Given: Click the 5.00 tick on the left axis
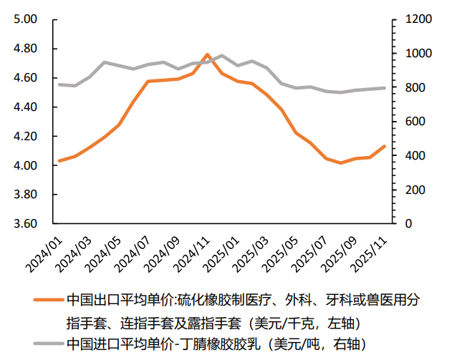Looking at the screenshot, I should coord(25,19).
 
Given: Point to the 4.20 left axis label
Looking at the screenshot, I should coord(25,136).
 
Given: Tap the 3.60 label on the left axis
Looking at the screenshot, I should coord(25,223).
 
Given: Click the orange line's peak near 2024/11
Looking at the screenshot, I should coord(207,54).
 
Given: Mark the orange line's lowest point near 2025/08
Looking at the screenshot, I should coord(341,163).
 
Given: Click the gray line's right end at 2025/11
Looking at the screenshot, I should coord(385,88).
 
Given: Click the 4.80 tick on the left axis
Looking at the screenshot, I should coord(25,49).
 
